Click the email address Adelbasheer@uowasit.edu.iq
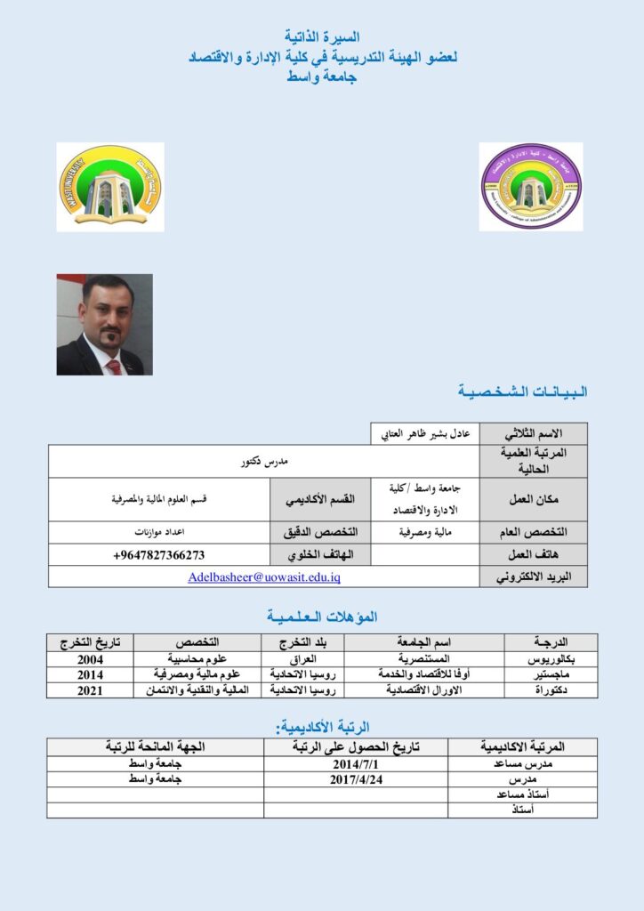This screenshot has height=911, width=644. coord(264,576)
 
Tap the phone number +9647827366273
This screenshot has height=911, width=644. coord(160,555)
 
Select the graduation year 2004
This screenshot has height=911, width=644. coord(90,659)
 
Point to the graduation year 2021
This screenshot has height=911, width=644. coord(90,689)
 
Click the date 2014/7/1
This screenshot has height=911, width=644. coord(356,764)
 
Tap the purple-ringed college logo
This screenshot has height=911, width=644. coord(531,187)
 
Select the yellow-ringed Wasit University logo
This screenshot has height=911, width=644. coord(110,187)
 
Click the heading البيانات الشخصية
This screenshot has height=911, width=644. coord(523,391)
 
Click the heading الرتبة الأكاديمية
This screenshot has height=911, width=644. coord(323,727)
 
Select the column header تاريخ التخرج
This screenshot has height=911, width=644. coord(90,641)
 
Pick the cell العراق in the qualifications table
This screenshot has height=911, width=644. coord(303,659)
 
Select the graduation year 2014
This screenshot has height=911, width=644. coord(90,674)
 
